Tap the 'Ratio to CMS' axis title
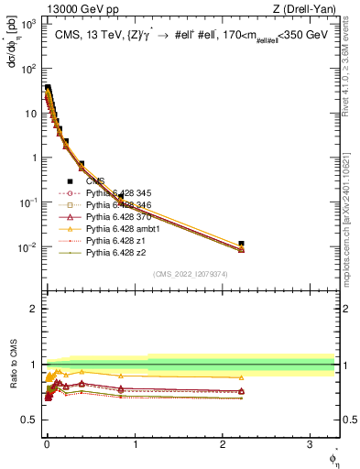click(10, 364)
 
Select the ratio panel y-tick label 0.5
click(29, 420)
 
